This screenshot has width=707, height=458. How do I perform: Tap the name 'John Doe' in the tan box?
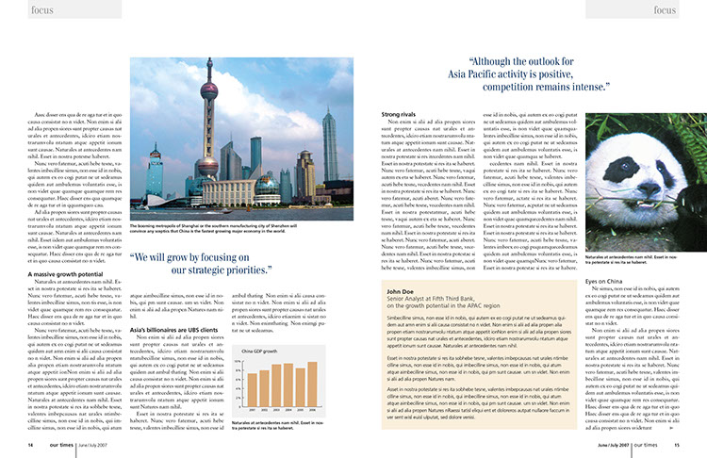pyautogui.click(x=402, y=292)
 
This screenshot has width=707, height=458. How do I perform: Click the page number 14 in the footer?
pyautogui.click(x=31, y=445)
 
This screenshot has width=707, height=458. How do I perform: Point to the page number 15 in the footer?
pyautogui.click(x=676, y=445)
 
